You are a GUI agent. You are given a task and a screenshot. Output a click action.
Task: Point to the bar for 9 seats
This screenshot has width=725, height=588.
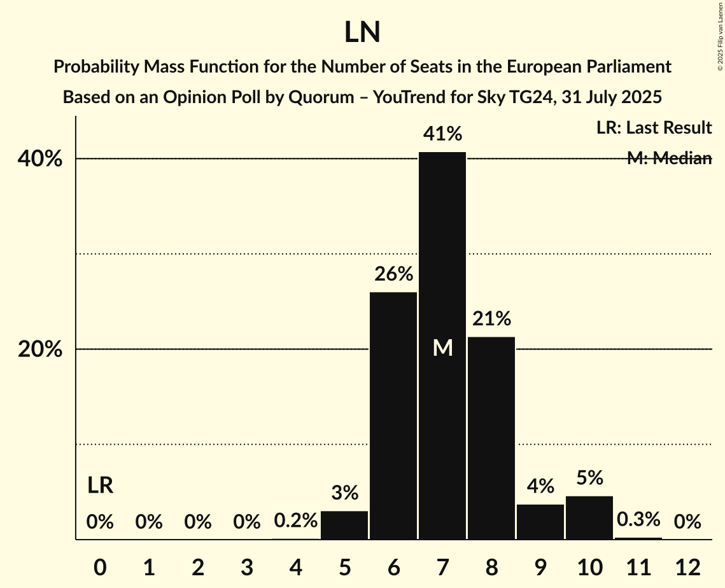540,522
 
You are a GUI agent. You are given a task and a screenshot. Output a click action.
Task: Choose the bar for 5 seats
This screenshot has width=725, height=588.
344,525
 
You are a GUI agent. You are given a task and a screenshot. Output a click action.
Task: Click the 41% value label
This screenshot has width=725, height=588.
442,134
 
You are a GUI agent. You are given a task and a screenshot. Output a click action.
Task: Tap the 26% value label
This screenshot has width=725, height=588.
393,274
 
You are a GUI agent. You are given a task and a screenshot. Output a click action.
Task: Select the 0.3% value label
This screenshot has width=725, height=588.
638,520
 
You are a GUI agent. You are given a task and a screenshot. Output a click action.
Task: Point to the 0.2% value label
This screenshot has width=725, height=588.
295,521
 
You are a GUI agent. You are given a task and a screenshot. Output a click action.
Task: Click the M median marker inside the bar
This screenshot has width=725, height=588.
442,347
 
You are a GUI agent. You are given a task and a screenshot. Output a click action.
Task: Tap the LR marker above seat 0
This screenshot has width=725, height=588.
100,486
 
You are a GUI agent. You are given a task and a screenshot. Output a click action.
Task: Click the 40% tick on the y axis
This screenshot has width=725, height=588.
39,159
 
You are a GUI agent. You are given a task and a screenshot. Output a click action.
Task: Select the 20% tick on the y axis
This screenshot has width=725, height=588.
39,350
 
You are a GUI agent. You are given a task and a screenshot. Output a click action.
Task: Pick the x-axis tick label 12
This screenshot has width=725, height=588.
687,566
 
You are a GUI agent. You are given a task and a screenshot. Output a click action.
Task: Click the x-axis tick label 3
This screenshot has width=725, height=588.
246,566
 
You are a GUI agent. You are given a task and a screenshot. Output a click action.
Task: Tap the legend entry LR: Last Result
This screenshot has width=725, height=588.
654,128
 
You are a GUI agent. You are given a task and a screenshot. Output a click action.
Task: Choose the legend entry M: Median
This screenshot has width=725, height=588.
669,158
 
